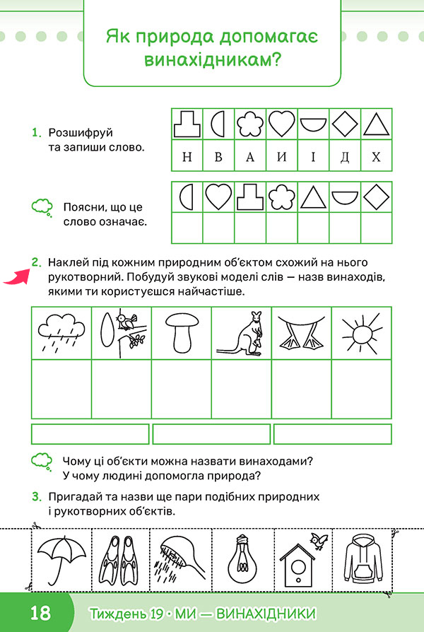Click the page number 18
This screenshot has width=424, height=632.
click(x=41, y=611)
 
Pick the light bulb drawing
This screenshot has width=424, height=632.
click(x=242, y=558)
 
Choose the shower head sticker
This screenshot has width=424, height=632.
click(x=182, y=558)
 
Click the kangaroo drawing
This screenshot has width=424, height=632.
click(x=241, y=332)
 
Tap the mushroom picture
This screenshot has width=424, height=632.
click(x=182, y=332)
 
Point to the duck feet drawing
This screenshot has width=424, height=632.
click(x=302, y=332)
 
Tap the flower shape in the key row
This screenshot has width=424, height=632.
click(x=249, y=124)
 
